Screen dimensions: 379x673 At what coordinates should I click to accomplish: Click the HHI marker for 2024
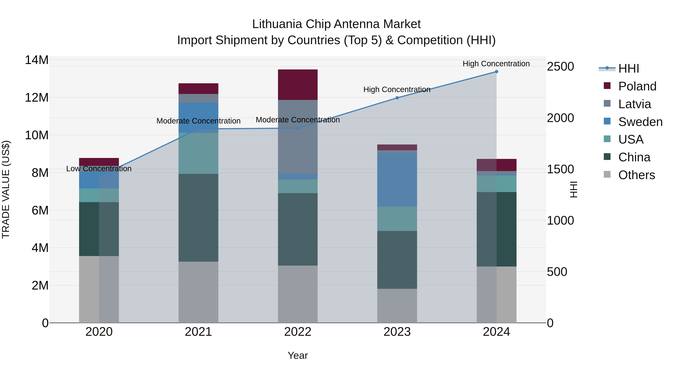point(496,72)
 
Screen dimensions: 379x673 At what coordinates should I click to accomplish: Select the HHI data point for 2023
point(397,98)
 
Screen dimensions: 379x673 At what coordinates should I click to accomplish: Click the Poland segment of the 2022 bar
point(298,85)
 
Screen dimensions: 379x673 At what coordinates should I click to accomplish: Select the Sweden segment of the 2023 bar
point(397,180)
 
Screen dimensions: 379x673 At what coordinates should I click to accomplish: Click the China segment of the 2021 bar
point(198,218)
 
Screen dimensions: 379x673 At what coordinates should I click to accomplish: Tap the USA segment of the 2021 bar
point(198,153)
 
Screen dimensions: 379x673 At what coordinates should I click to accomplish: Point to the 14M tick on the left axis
point(37,60)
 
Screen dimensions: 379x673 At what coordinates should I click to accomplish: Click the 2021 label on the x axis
point(198,332)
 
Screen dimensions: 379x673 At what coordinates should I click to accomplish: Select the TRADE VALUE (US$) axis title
point(6,189)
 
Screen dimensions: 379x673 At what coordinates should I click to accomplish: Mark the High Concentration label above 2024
point(496,64)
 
